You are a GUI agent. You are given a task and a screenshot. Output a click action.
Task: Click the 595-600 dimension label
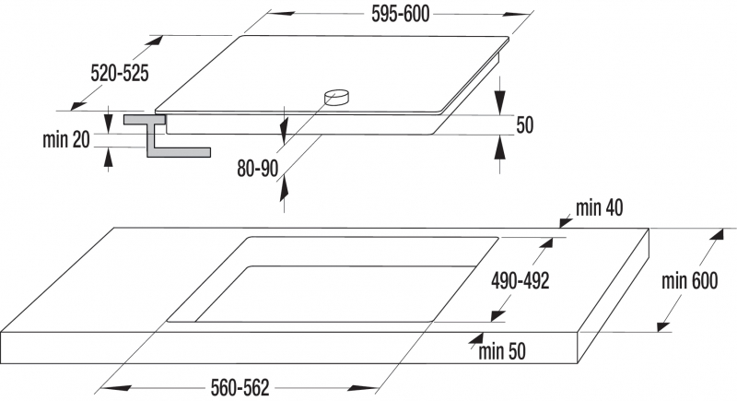click(401, 14)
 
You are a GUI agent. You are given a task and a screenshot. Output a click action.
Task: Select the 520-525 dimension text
click(120, 74)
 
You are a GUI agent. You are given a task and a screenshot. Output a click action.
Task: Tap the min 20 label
click(65, 139)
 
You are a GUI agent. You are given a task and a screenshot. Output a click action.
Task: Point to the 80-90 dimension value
click(258, 169)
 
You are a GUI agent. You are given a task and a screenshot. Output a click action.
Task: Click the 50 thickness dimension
click(525, 125)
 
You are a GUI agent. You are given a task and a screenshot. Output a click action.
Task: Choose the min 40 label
click(600, 207)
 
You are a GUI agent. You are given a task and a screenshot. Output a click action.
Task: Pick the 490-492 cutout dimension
click(521, 281)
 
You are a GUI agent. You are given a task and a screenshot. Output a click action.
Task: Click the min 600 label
click(689, 280)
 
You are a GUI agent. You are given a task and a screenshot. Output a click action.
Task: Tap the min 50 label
click(502, 351)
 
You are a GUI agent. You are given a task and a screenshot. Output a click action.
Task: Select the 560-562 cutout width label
click(240, 388)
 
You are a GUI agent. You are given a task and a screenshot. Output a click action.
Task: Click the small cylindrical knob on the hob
click(336, 98)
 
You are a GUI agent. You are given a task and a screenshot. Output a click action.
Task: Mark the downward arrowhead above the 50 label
click(500, 101)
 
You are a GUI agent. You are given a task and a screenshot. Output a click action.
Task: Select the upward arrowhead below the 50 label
click(500, 147)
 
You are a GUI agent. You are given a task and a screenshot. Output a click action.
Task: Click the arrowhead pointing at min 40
click(566, 222)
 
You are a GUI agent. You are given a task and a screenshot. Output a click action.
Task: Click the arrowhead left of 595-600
click(281, 14)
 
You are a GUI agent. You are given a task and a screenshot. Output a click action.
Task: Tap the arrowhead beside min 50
click(476, 339)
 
